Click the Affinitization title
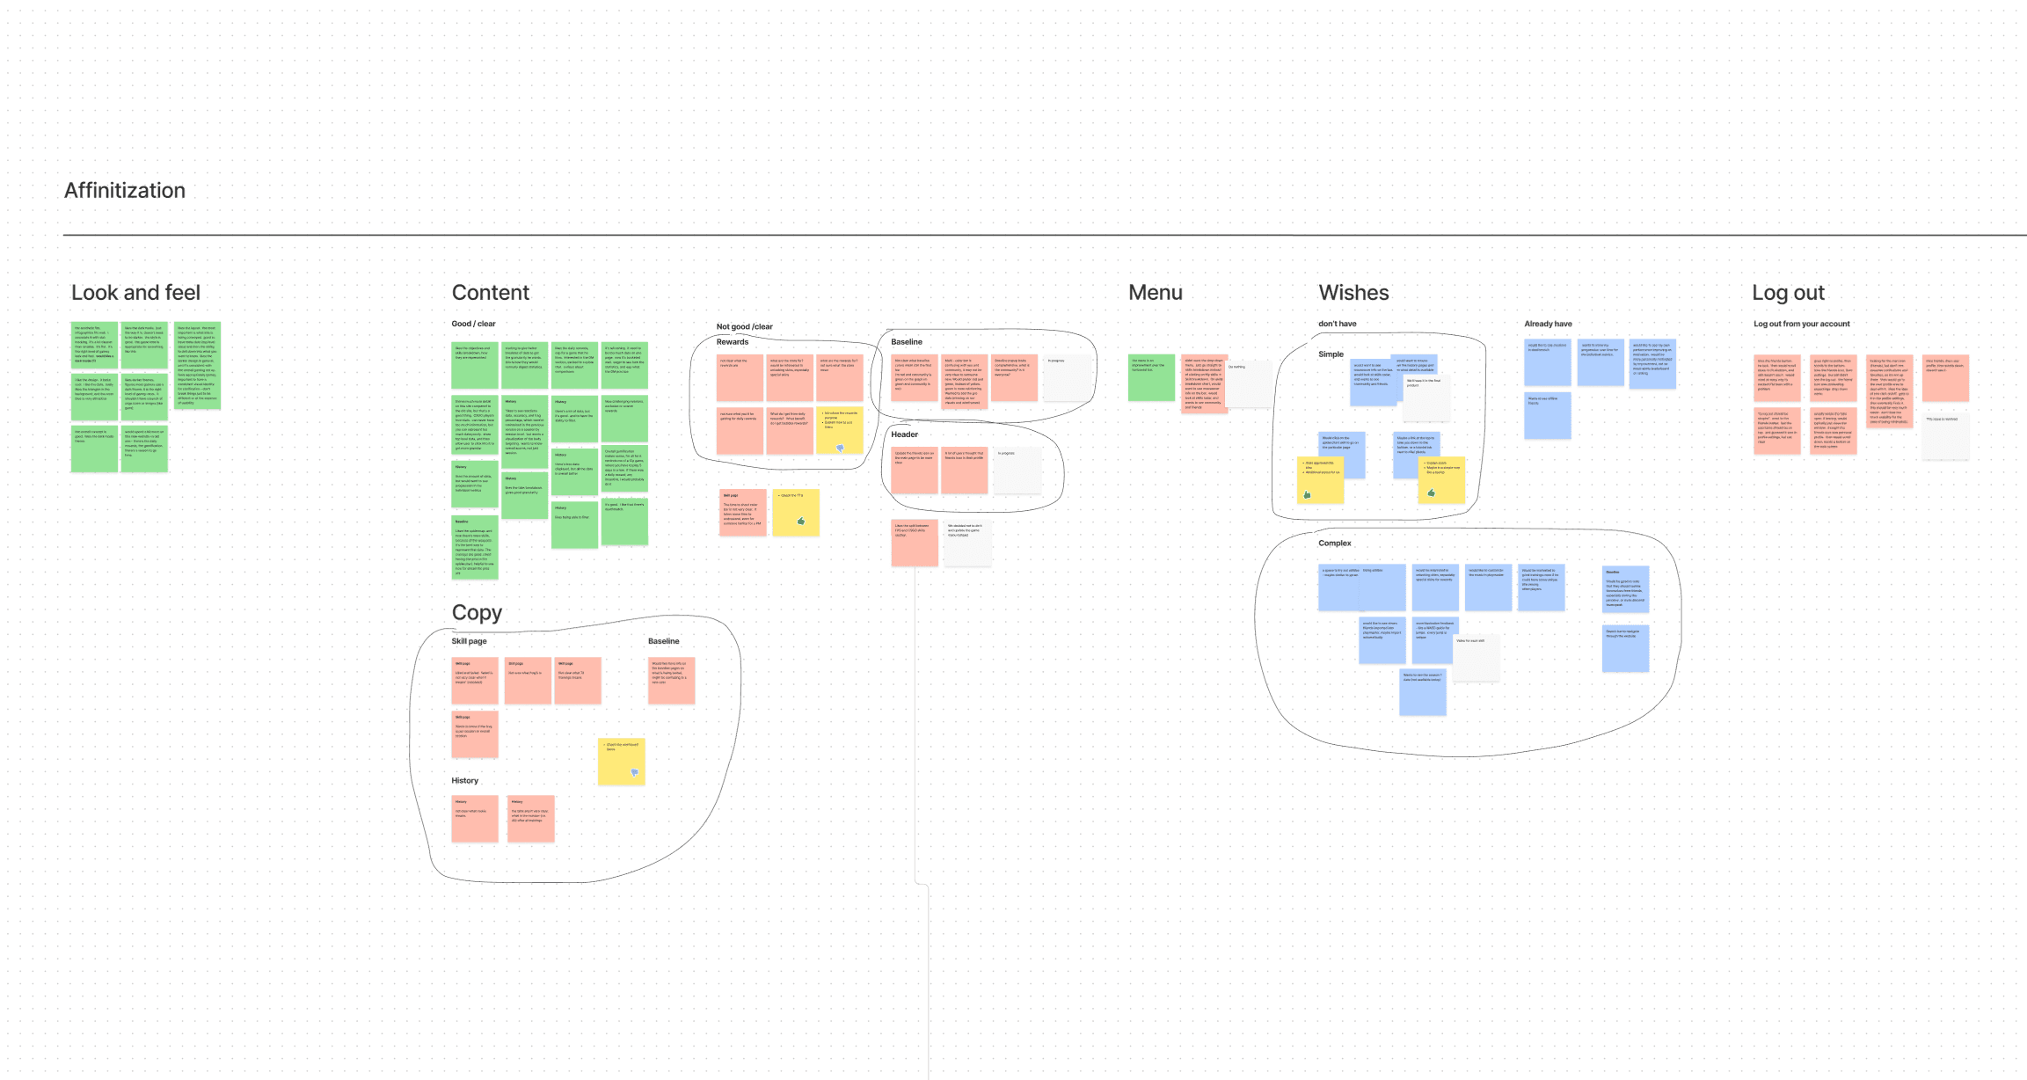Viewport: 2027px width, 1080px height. point(125,191)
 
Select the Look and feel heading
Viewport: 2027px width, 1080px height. point(135,293)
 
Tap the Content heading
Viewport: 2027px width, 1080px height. point(490,293)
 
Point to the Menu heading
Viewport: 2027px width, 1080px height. point(1155,293)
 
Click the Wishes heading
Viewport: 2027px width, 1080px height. point(1353,293)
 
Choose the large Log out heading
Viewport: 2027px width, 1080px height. point(1788,293)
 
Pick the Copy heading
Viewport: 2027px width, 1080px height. point(477,613)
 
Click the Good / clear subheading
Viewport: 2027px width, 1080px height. point(473,324)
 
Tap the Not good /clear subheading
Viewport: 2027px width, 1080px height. point(744,326)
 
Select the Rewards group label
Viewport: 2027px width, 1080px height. point(732,342)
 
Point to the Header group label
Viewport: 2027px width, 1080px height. point(904,434)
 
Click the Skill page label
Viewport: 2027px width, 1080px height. point(469,641)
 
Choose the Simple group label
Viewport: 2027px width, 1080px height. point(1331,354)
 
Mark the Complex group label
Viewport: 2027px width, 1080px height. point(1334,544)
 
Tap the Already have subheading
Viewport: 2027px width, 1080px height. point(1548,324)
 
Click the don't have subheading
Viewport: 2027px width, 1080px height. point(1337,324)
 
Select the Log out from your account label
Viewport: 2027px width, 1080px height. point(1801,324)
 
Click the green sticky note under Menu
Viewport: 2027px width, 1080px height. point(1151,377)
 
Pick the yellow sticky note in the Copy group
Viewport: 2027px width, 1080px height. point(621,761)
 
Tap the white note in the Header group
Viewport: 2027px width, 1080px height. point(1017,471)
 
